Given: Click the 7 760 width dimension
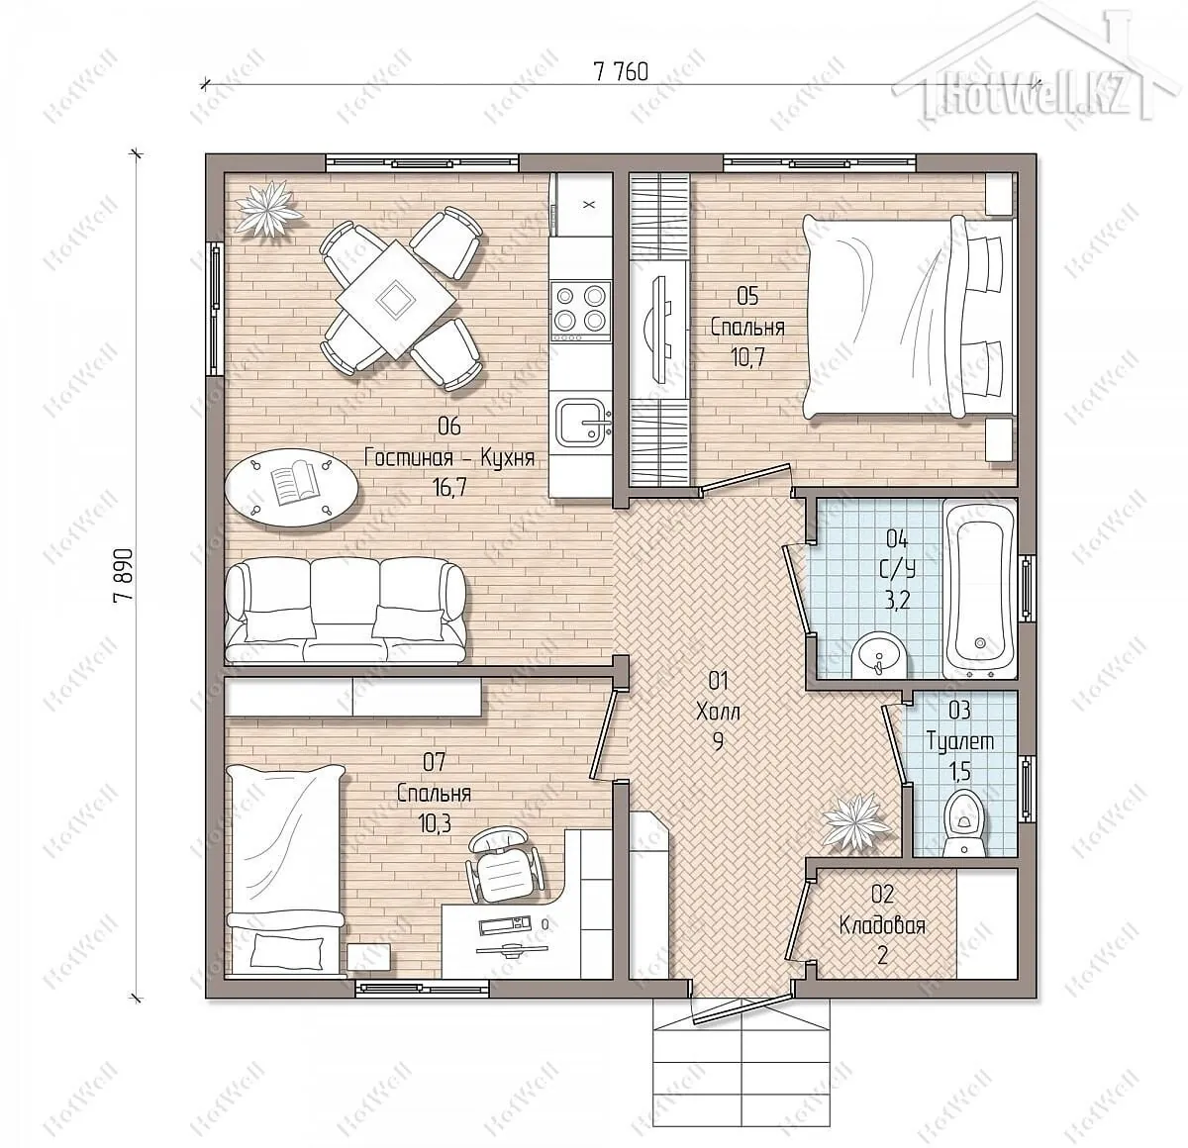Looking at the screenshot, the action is [620, 72].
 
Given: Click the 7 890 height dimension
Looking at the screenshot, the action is [123, 576].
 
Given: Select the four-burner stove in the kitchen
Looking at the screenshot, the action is [580, 312].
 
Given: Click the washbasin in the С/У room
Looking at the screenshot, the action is [877, 655].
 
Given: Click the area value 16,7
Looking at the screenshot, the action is [449, 487].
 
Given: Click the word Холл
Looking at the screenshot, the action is [718, 711].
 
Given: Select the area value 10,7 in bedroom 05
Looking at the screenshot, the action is [747, 357].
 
